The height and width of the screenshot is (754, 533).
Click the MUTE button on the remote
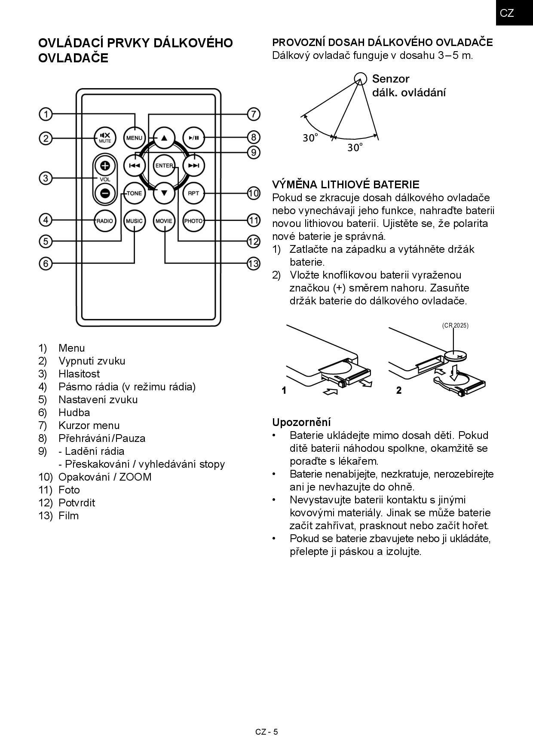[105, 138]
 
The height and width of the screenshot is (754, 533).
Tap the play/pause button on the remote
[193, 138]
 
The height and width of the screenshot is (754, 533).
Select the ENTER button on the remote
[164, 166]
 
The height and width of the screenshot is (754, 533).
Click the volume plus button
[105, 166]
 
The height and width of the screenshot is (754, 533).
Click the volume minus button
[105, 193]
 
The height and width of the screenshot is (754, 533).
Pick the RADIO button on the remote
[105, 221]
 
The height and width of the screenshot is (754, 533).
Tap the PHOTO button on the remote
[193, 221]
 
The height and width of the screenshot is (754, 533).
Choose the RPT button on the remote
[193, 193]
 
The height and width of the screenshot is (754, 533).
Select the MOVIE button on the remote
[164, 221]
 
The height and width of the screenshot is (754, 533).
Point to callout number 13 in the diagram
[254, 263]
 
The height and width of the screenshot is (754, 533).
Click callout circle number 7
[254, 114]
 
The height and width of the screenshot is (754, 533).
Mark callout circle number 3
[46, 178]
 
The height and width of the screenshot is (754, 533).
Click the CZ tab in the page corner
[507, 13]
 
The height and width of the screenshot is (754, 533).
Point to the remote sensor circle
[360, 78]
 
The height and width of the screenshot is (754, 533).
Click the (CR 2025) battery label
[455, 325]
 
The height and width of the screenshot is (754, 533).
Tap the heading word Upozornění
[301, 422]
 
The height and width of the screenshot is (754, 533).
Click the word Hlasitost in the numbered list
[79, 374]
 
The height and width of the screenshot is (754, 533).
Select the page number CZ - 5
[266, 732]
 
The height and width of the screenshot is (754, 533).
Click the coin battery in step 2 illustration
[456, 356]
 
